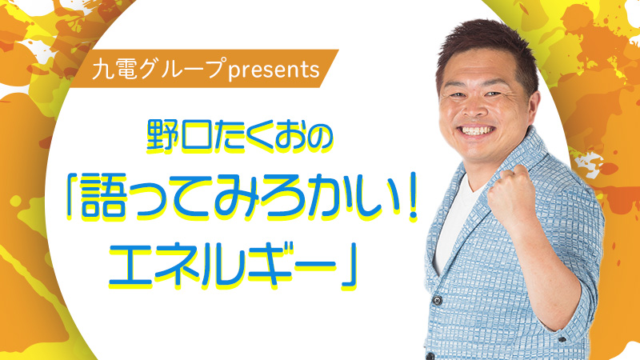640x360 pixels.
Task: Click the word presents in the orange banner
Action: tap(274, 70)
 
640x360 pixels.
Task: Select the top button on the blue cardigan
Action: tap(438, 302)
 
